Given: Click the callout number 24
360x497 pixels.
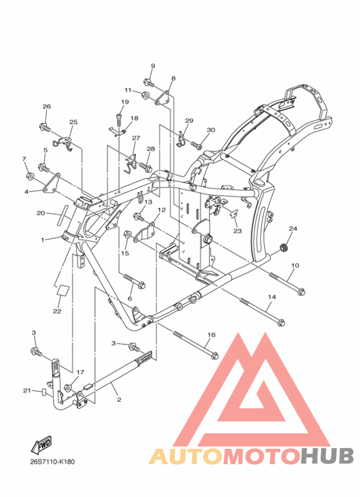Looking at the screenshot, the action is pyautogui.click(x=292, y=228).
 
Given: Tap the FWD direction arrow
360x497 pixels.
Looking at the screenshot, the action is pyautogui.click(x=41, y=444).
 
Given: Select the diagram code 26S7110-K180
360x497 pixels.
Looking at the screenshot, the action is pyautogui.click(x=53, y=462).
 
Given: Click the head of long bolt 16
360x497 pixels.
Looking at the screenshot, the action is pyautogui.click(x=214, y=356).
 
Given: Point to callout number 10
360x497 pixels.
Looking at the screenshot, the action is pyautogui.click(x=295, y=266).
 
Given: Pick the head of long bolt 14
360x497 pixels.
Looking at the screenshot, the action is pyautogui.click(x=281, y=322).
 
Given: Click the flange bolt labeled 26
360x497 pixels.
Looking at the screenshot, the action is pyautogui.click(x=45, y=128).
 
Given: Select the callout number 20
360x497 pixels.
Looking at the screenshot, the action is pyautogui.click(x=41, y=213).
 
